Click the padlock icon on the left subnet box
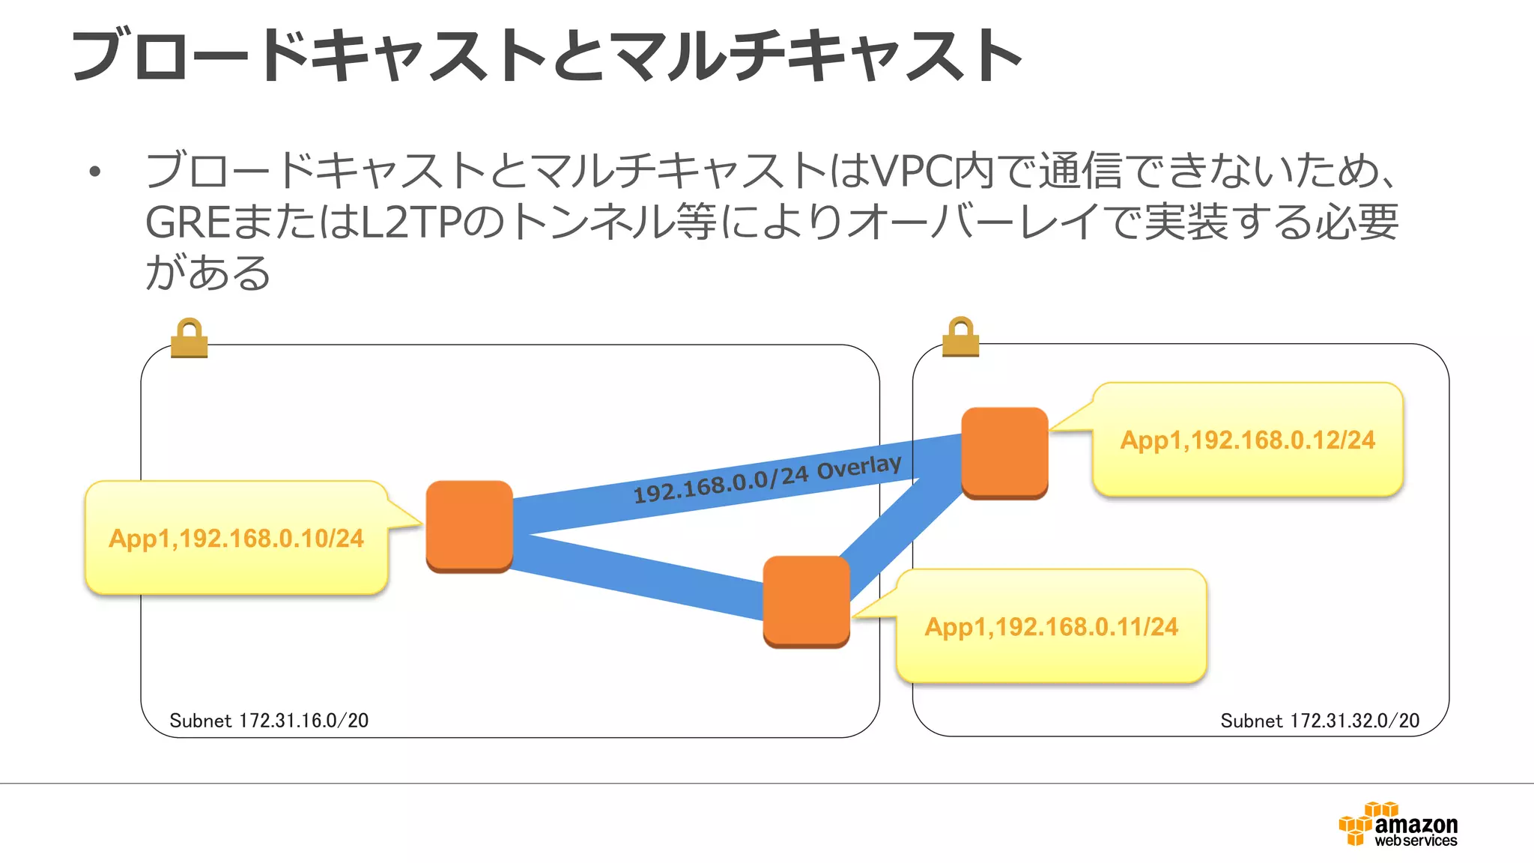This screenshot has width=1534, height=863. coord(189,339)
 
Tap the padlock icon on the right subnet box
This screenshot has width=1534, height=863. coord(960,337)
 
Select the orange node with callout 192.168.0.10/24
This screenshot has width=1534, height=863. coord(469,526)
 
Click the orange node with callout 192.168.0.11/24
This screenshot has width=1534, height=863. coord(806,601)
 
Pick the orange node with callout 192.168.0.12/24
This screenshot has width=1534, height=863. coord(1004,452)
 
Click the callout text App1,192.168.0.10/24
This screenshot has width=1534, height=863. coord(236,539)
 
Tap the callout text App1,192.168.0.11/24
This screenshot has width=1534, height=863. coord(1051,627)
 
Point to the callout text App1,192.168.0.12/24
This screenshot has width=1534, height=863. coord(1247,440)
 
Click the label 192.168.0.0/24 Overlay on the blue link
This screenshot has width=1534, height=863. coord(767,479)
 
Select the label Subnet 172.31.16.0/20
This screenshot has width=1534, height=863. coord(269,721)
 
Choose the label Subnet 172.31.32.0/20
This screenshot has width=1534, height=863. coord(1320,721)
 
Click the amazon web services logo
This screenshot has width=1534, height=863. coord(1398,826)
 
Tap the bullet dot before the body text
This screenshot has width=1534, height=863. coord(94,172)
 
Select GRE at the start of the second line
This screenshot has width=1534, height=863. coord(187,223)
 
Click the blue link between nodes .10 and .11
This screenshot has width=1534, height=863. coord(637,578)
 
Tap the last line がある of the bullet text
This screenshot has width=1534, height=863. coord(207,273)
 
